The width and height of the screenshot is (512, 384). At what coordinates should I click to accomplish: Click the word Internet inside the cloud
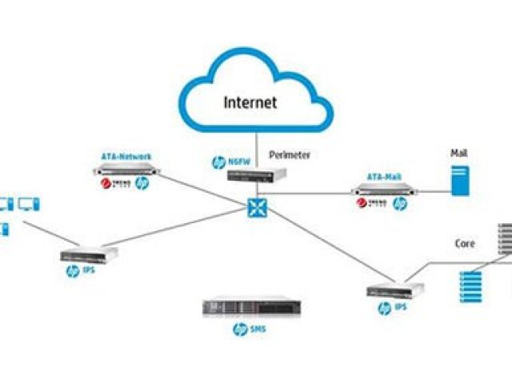point(250,102)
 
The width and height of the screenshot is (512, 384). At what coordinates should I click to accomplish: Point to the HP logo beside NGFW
point(218,162)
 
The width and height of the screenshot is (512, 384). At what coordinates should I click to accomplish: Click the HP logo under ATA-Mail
point(399,205)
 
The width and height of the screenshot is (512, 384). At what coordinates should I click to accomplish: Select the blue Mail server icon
point(459,179)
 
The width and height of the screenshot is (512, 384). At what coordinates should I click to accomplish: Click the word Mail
point(459,153)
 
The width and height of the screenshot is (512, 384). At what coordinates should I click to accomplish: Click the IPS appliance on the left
point(89,255)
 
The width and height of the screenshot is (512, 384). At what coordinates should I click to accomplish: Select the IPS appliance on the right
point(395,292)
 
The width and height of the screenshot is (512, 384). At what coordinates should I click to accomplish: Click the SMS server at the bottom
point(252,307)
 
